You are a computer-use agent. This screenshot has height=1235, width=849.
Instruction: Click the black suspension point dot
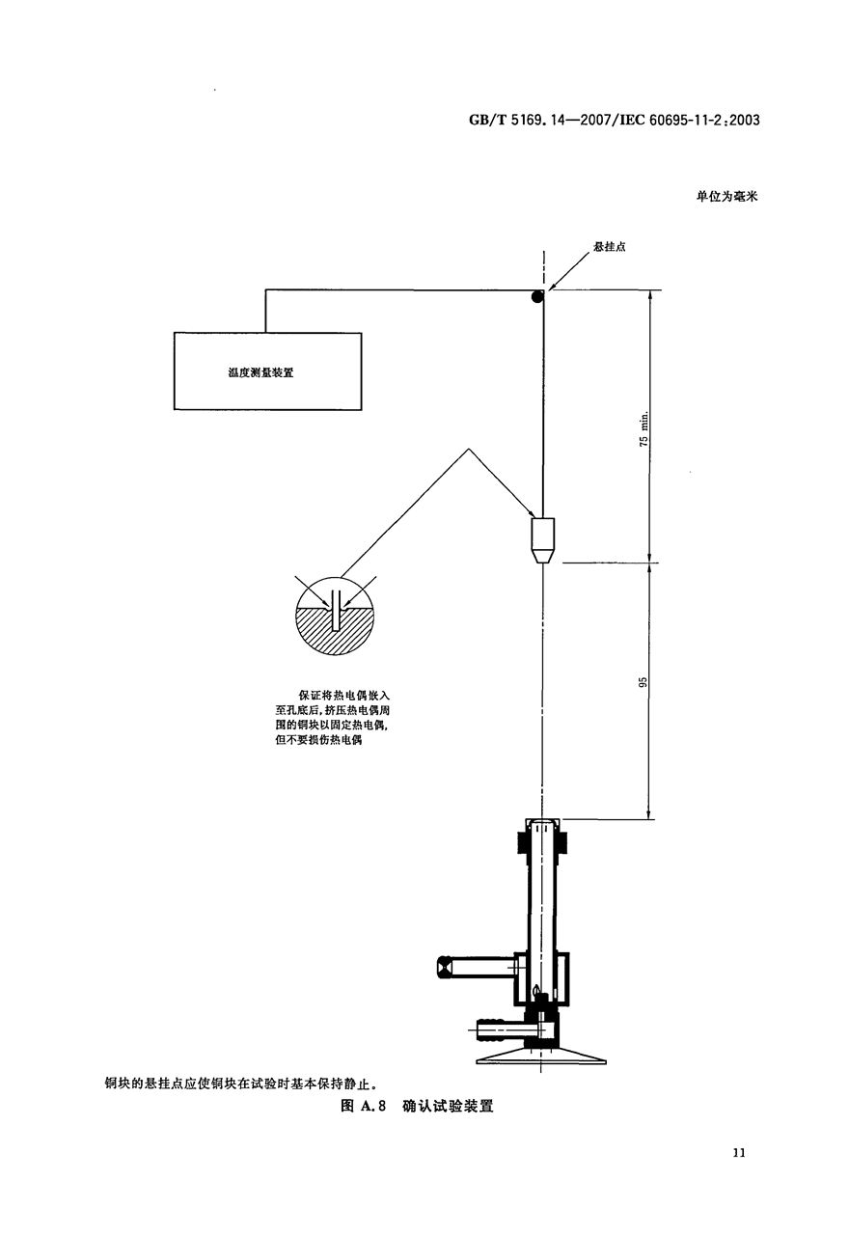tap(537, 296)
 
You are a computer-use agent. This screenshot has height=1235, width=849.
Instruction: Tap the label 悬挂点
tap(610, 246)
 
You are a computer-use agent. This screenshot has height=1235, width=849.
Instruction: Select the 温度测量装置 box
tap(268, 371)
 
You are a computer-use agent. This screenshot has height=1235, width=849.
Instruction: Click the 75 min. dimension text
tap(644, 428)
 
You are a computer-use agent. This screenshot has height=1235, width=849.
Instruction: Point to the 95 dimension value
tap(643, 682)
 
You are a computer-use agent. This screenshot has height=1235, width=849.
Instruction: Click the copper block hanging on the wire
tap(543, 540)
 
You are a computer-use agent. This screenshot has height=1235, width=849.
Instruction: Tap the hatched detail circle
tap(335, 616)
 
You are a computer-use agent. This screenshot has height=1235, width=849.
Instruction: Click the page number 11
tap(739, 1152)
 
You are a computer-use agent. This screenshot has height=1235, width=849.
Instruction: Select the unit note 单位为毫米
tap(727, 196)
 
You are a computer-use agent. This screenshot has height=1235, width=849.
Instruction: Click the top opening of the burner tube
tap(543, 823)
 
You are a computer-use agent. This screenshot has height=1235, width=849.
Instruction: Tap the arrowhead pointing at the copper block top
tap(527, 510)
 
